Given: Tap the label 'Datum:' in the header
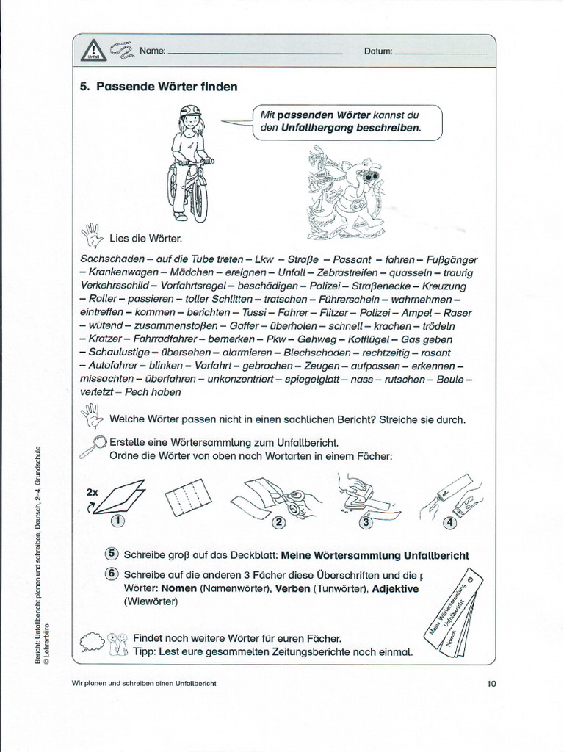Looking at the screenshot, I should coord(378,51).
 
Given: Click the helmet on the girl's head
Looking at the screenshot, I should coord(190,112).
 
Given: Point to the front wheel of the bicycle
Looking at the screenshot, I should coord(198,199).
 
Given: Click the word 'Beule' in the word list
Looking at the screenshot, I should coord(451,379).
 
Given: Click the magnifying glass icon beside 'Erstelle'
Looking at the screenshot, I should coord(96,444).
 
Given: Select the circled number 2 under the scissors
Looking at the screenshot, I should coord(279,523).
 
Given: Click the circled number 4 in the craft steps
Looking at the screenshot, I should coord(449,523).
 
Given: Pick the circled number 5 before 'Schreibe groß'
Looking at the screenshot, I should coord(112,554).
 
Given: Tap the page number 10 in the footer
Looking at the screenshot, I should coord(491,684).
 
